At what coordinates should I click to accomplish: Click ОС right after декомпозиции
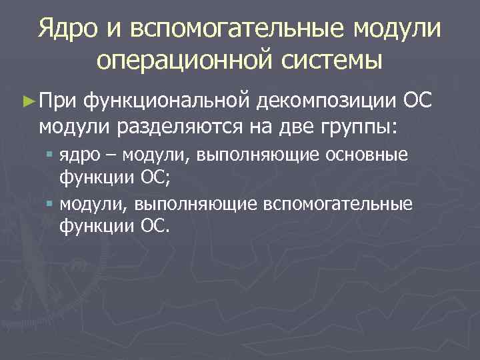pyautogui.click(x=419, y=101)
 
